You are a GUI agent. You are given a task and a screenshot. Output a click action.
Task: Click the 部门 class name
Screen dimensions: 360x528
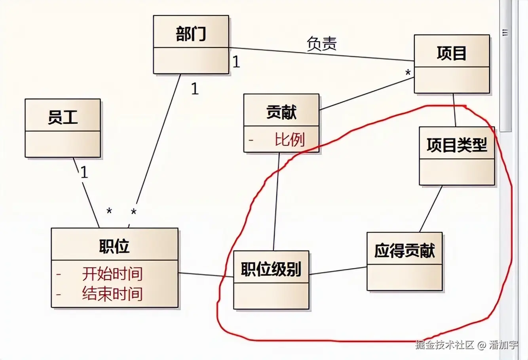click(x=191, y=34)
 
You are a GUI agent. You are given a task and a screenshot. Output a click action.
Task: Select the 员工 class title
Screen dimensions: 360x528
click(x=63, y=117)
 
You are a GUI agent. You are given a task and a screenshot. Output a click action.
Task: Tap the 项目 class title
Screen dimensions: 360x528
click(x=452, y=53)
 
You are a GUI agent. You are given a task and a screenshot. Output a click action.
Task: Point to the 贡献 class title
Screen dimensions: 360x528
click(x=281, y=112)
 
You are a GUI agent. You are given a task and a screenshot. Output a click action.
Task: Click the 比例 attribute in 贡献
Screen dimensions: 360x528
click(x=289, y=140)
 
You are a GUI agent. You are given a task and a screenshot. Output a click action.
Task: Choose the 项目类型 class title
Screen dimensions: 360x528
click(x=457, y=145)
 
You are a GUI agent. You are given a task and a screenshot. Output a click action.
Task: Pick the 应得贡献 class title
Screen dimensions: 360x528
click(x=404, y=250)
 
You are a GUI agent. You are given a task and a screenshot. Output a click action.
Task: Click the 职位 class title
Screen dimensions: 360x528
click(x=114, y=246)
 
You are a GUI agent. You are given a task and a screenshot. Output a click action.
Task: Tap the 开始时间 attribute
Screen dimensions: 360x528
click(x=112, y=274)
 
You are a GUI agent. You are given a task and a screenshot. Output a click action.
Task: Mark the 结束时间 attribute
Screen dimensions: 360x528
click(x=112, y=294)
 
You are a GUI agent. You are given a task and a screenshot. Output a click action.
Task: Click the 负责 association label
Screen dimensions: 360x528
click(x=321, y=44)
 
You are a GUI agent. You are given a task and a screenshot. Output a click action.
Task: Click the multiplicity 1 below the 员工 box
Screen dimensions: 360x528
click(x=84, y=172)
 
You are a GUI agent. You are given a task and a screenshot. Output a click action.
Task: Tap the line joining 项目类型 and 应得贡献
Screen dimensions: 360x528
click(x=431, y=209)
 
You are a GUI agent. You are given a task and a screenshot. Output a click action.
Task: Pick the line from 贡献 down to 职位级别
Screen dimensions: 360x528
click(x=276, y=202)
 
